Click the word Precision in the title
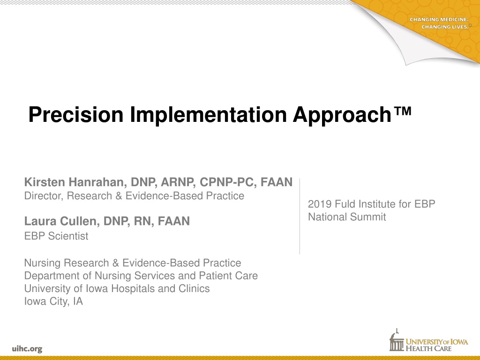click(x=76, y=115)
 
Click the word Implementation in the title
click(x=209, y=114)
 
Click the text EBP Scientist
click(x=56, y=236)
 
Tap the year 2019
click(x=320, y=204)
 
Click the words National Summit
click(x=347, y=217)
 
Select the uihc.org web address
click(x=27, y=349)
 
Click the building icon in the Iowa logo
click(x=397, y=340)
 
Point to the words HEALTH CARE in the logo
click(x=428, y=348)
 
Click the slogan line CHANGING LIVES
click(x=445, y=27)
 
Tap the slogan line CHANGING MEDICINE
click(x=439, y=20)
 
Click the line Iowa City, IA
click(x=53, y=301)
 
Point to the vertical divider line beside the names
click(x=300, y=216)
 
